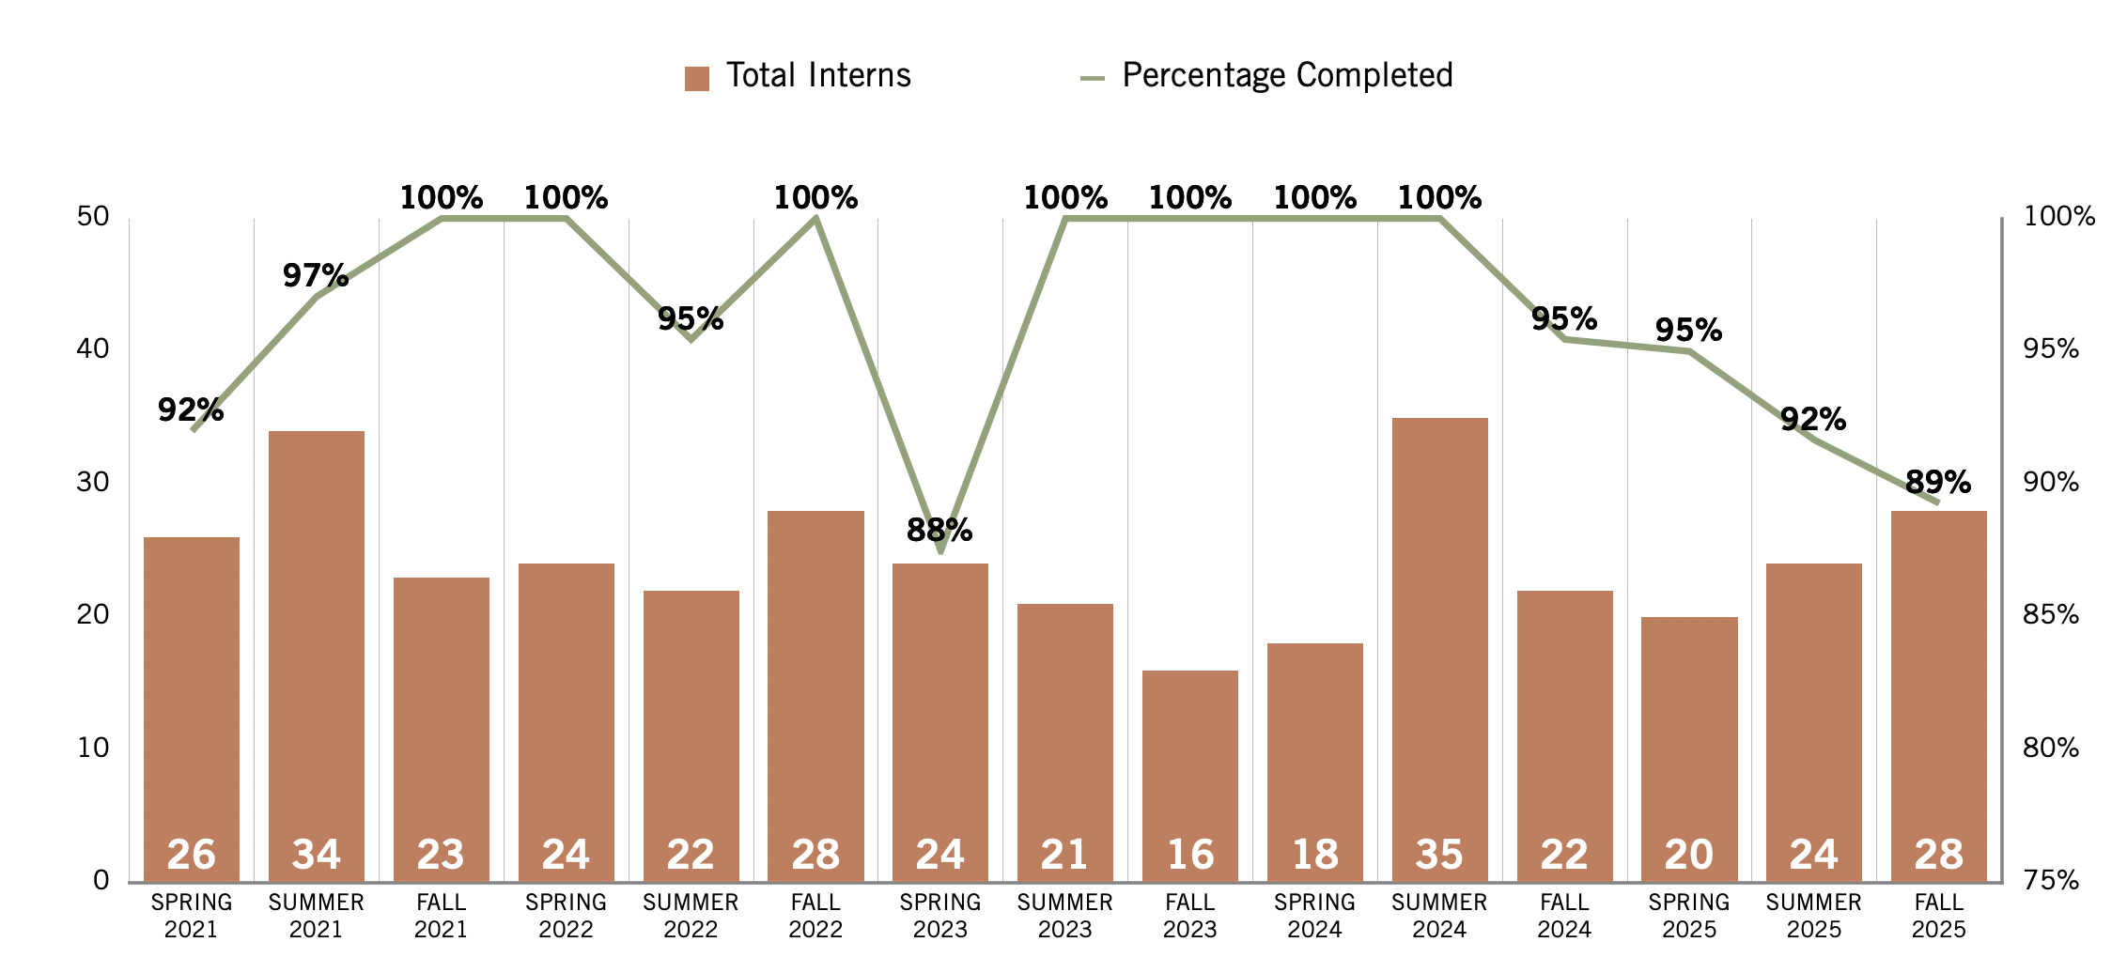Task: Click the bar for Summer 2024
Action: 1439,648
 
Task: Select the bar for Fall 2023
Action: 1189,775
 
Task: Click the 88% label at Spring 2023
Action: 939,531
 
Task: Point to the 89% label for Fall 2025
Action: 1937,483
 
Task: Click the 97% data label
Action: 316,276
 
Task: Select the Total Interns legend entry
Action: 799,76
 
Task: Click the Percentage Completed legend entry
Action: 1267,76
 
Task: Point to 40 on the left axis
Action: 93,349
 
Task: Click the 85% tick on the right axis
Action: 2051,615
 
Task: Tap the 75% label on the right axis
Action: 2051,881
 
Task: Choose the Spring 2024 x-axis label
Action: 1314,916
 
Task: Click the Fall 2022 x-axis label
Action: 815,916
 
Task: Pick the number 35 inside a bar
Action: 1439,855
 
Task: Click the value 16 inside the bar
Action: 1189,855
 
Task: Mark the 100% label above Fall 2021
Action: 442,198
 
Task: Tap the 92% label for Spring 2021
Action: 191,410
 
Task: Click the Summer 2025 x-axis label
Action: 1813,916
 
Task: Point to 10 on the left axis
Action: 93,749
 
